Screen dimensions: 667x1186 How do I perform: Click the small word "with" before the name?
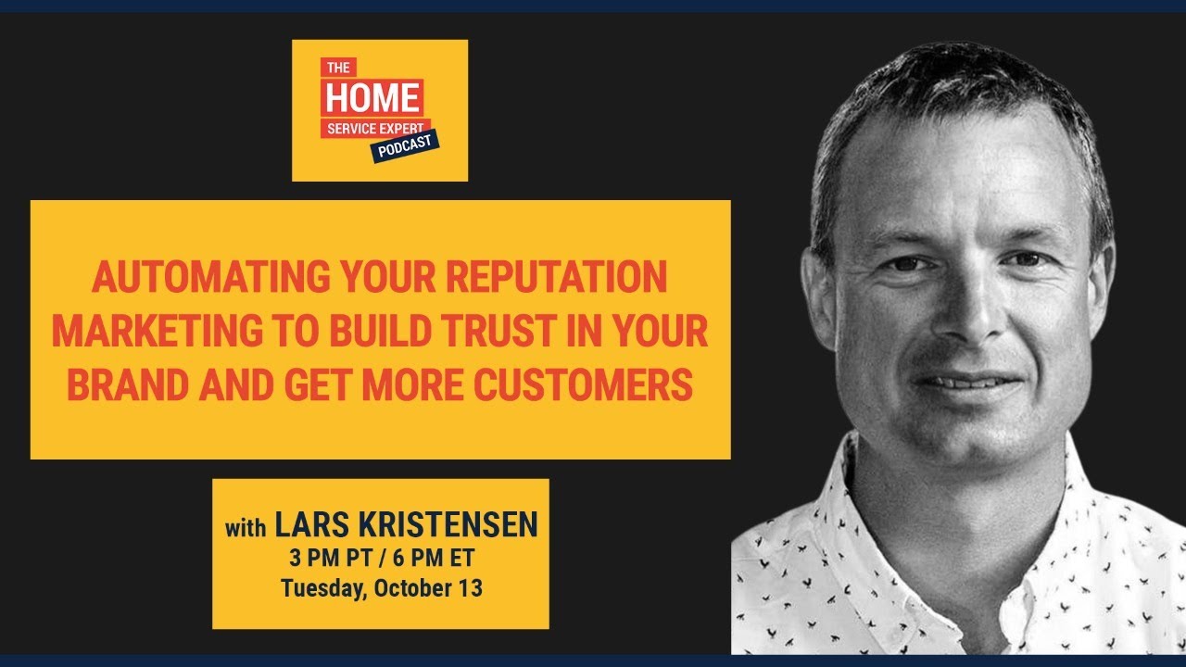click(x=246, y=529)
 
